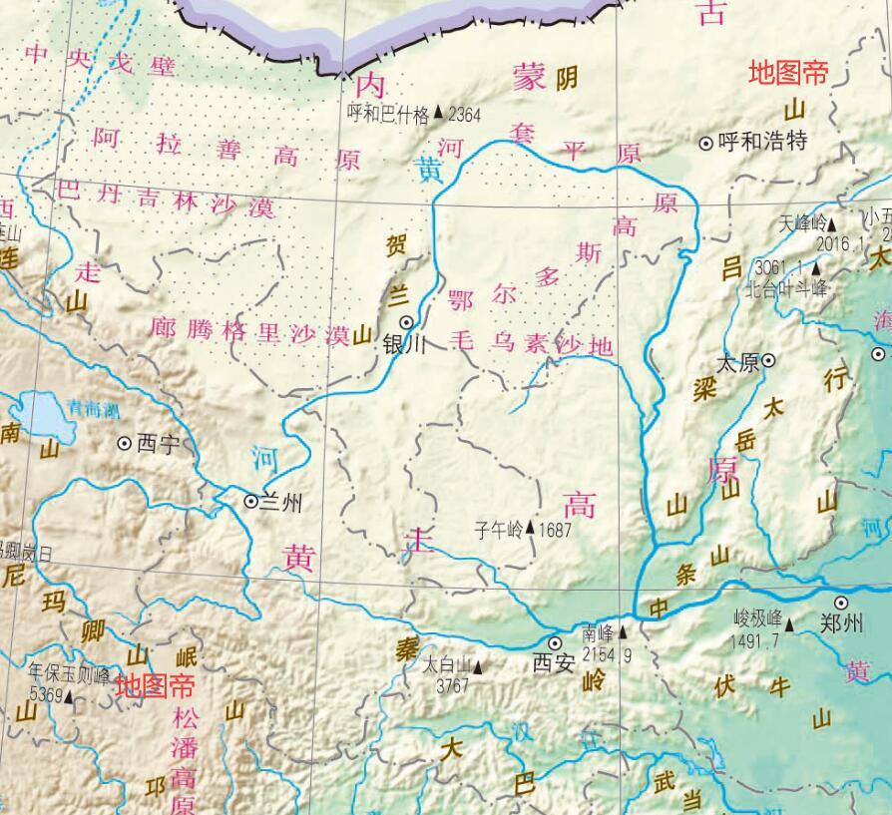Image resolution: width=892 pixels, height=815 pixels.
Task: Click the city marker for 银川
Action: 407,322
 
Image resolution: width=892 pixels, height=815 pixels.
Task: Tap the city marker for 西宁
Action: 125,442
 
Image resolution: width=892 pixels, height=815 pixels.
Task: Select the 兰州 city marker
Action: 250,501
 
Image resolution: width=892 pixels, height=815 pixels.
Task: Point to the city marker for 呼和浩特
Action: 706,143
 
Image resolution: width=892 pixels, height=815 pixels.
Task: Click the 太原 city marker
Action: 769,362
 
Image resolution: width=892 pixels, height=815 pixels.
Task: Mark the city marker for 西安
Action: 555,643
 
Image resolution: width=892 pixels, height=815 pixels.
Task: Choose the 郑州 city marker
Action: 841,603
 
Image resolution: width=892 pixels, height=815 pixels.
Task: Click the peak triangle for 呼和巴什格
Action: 438,115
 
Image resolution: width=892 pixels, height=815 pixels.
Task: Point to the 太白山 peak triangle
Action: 478,665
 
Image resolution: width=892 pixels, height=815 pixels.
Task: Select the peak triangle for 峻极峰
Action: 789,624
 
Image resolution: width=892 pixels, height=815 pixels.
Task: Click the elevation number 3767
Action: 452,685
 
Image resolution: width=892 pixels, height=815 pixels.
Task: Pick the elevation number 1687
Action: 555,530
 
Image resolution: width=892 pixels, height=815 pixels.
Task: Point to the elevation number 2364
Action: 464,115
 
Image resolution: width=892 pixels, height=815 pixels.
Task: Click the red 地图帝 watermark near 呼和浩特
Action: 788,73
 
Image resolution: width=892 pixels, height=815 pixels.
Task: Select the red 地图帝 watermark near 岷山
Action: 155,685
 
